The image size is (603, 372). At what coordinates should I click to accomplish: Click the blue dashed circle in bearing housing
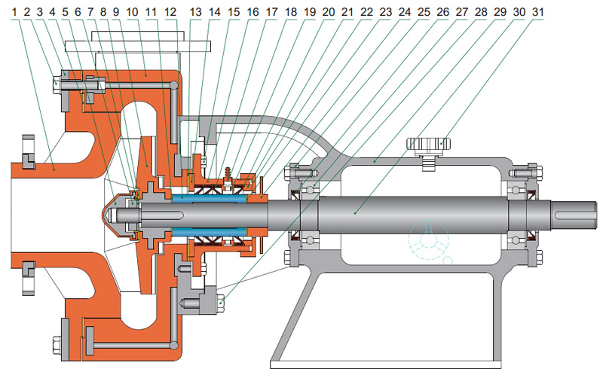point(423,240)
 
